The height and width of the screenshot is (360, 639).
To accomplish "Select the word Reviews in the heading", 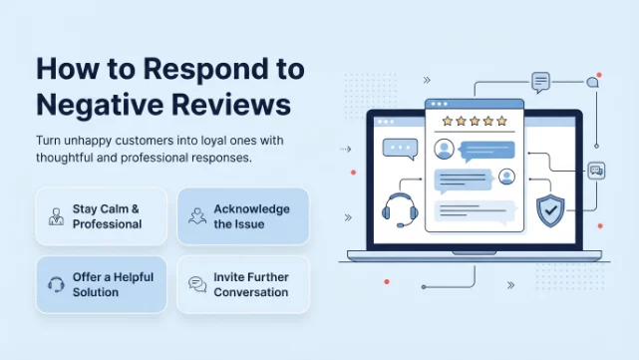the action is click(x=231, y=105).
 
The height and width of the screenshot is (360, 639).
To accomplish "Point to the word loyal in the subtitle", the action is click(x=213, y=141).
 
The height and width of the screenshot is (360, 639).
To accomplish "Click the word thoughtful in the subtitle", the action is click(x=65, y=158).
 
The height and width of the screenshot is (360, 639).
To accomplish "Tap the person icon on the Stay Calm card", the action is click(x=56, y=216).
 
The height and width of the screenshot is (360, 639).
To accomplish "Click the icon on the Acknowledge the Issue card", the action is click(x=197, y=216).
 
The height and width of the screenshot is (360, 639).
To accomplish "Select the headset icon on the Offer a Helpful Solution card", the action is click(x=56, y=284).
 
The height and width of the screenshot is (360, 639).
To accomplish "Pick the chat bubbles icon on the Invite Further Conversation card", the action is click(x=197, y=284).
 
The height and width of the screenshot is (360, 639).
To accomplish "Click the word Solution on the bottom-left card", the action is click(x=96, y=292).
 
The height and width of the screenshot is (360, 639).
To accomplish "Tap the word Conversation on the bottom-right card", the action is click(x=250, y=292).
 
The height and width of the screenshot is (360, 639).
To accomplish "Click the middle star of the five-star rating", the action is click(x=475, y=121).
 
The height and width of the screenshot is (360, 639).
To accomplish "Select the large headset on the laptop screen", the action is click(x=400, y=210).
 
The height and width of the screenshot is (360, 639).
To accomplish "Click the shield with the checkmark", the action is click(x=550, y=210).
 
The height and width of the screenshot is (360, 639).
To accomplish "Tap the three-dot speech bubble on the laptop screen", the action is click(x=400, y=149).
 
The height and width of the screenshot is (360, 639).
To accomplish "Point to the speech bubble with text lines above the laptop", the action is click(x=540, y=83).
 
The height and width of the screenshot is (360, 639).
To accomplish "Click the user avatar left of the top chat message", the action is click(x=445, y=150).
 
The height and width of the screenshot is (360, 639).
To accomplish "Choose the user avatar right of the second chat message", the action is click(x=506, y=177).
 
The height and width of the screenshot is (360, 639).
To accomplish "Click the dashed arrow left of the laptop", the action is click(x=346, y=150).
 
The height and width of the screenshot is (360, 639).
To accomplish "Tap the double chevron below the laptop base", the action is click(x=510, y=285).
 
